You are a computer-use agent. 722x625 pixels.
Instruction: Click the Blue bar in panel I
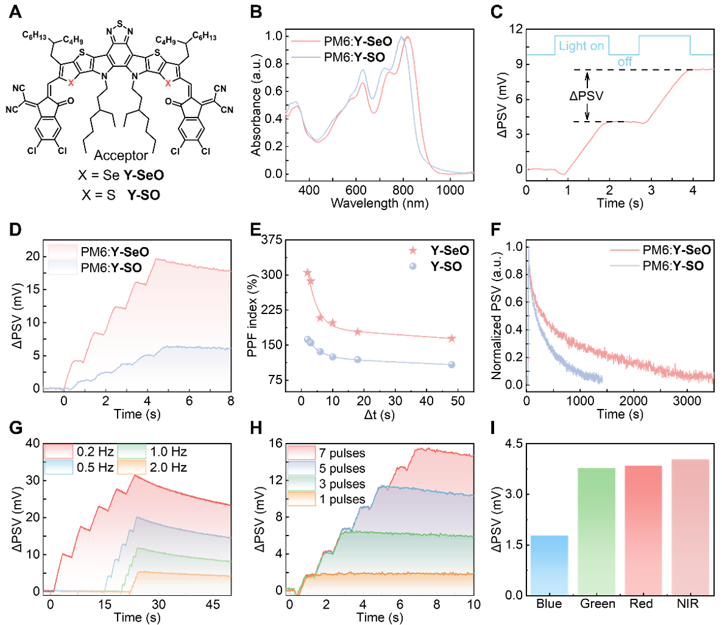(x=550, y=565)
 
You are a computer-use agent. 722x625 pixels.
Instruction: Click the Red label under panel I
(x=641, y=604)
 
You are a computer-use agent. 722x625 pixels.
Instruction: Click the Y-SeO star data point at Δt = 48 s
(x=451, y=338)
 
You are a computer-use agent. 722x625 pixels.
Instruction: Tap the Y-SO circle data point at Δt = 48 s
(x=451, y=365)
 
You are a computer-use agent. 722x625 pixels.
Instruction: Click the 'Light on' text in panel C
(x=581, y=46)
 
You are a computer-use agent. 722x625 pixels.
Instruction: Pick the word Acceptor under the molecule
(x=121, y=156)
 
